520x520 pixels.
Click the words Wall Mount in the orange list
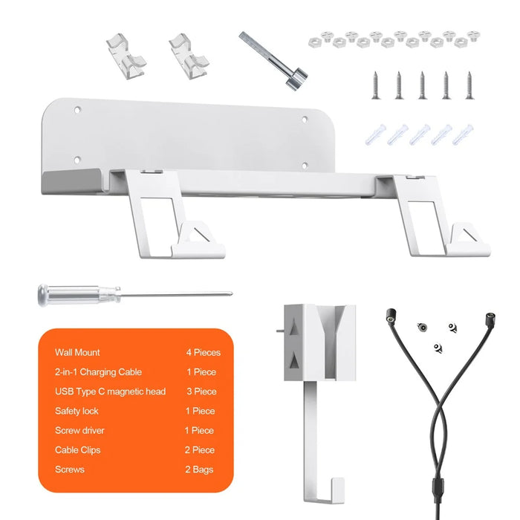[77, 352]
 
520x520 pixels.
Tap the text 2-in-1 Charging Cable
[99, 371]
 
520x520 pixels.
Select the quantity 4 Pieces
[204, 352]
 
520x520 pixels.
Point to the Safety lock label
[77, 411]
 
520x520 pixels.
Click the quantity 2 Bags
[199, 469]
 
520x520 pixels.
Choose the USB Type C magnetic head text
[110, 391]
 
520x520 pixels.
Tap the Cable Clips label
[77, 450]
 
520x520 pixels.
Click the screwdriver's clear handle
[79, 294]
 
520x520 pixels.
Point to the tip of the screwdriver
[232, 293]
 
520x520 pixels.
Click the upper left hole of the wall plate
[77, 109]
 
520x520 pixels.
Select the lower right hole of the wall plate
[305, 165]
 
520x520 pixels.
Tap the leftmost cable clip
[126, 56]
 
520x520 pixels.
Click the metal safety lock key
[273, 61]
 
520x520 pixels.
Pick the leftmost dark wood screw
[375, 85]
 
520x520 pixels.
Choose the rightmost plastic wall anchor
[463, 134]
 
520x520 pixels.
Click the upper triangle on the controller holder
[293, 329]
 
